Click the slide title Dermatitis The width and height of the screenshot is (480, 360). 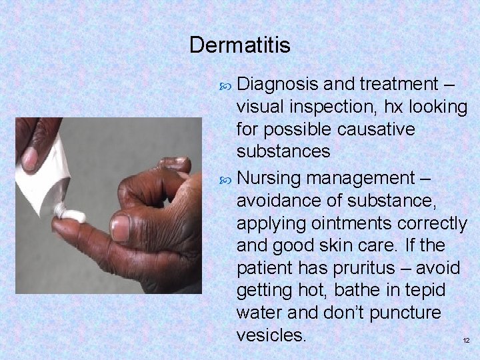click(x=239, y=45)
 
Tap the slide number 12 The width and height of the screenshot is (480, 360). click(x=466, y=341)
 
